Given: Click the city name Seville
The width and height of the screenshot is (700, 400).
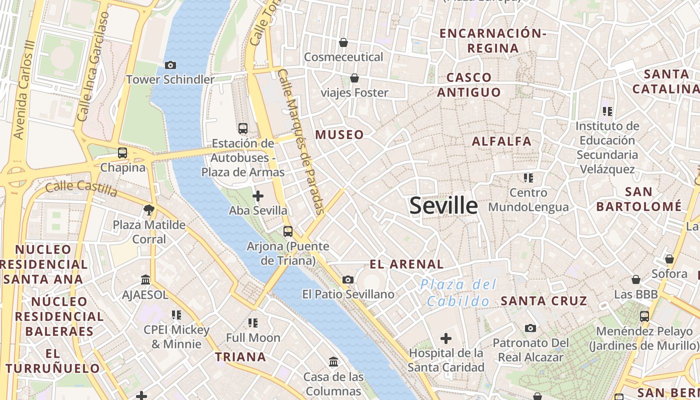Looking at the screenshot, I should point(443,205).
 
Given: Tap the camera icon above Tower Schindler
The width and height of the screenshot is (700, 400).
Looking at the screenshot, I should point(170,65).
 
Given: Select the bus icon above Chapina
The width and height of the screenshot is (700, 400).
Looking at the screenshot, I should point(122,153).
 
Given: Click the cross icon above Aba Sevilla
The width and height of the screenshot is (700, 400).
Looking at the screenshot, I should point(258,196).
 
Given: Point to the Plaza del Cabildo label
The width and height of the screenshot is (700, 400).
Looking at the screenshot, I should point(458,293).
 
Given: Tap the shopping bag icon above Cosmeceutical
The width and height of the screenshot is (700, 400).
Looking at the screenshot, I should point(343,42).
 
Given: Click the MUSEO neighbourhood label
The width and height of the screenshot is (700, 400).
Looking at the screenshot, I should point(339,134).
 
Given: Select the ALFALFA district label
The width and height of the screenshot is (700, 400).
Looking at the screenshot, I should point(501,141).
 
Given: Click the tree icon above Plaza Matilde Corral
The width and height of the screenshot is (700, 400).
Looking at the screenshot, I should point(148,209).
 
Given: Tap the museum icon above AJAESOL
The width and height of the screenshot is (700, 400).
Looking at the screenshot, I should point(145,279).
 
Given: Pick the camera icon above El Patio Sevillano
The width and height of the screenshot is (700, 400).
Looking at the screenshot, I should point(348,279).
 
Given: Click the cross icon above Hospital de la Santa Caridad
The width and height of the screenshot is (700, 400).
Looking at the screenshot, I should point(446,338).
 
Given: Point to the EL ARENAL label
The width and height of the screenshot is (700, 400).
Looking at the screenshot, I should point(406,264).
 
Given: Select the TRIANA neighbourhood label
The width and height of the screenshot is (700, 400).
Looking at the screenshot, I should point(240,356).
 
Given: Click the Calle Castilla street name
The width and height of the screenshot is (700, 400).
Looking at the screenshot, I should point(81,188).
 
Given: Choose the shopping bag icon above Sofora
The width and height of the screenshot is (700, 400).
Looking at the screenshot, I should point(669,259).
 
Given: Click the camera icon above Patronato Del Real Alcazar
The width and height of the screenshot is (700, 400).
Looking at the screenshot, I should point(530,328).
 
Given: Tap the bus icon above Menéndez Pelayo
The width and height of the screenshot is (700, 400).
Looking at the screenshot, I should point(644,316).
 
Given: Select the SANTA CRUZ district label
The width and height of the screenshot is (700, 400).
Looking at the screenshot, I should point(544,301).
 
